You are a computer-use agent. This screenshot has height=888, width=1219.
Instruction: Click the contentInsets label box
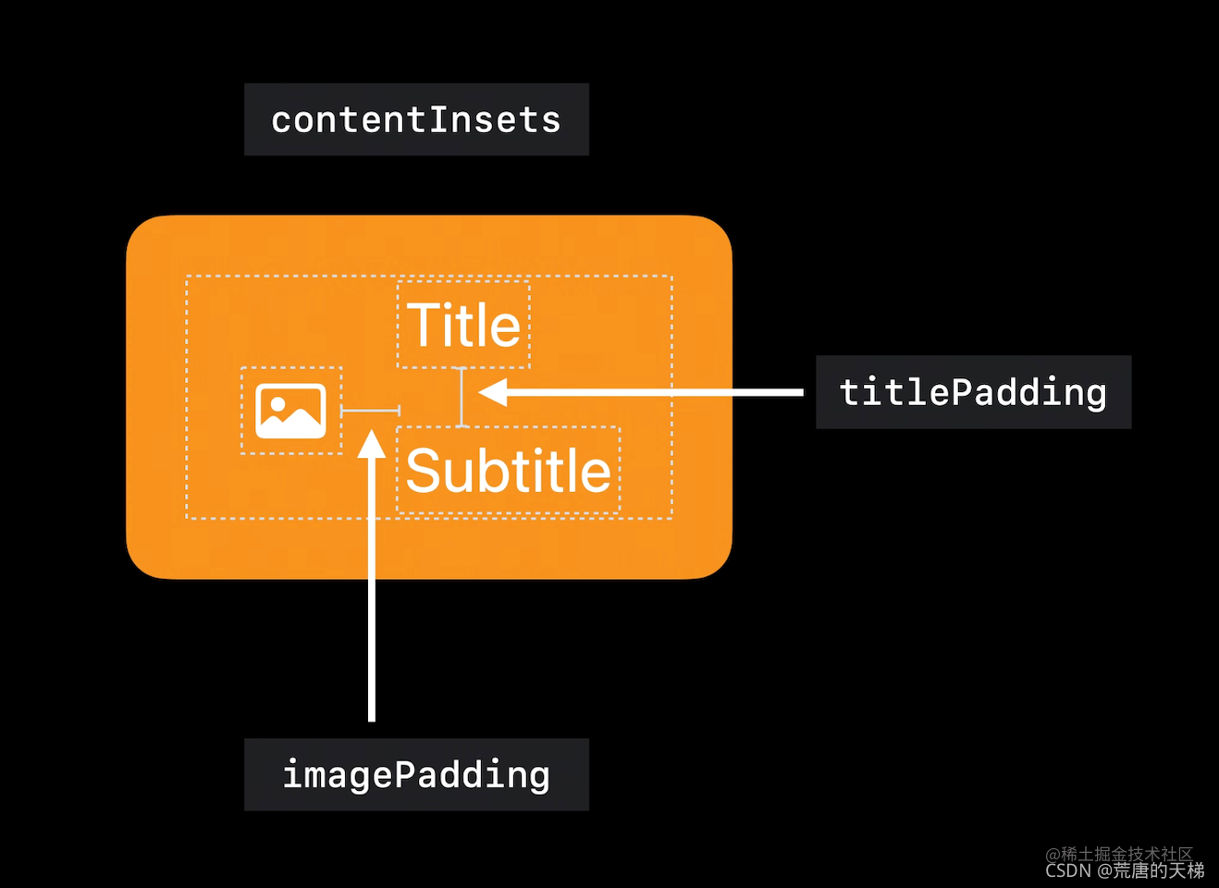point(416,119)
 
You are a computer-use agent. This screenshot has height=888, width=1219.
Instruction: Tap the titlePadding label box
point(974,392)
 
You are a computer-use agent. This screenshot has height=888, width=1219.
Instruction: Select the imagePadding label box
point(416,774)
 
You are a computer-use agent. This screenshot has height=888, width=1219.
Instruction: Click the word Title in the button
point(463,325)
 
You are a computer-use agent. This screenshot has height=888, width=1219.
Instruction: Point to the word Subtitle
point(509,470)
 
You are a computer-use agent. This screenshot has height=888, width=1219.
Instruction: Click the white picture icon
point(290,411)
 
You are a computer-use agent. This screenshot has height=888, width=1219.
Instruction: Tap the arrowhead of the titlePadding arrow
point(493,392)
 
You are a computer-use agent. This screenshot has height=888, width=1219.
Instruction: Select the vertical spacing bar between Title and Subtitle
point(462,397)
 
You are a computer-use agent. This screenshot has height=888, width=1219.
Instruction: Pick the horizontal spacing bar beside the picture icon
point(371,411)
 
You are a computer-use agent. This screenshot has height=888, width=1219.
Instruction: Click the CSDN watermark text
point(1125,870)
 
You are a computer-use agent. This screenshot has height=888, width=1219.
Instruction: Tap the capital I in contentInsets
point(437,119)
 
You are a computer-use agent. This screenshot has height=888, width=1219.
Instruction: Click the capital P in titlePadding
point(962,392)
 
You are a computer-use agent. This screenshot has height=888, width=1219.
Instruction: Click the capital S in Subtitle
point(422,470)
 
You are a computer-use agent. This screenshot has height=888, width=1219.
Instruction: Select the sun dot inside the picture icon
point(277,403)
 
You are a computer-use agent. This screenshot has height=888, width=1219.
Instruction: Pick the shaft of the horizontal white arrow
point(655,392)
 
